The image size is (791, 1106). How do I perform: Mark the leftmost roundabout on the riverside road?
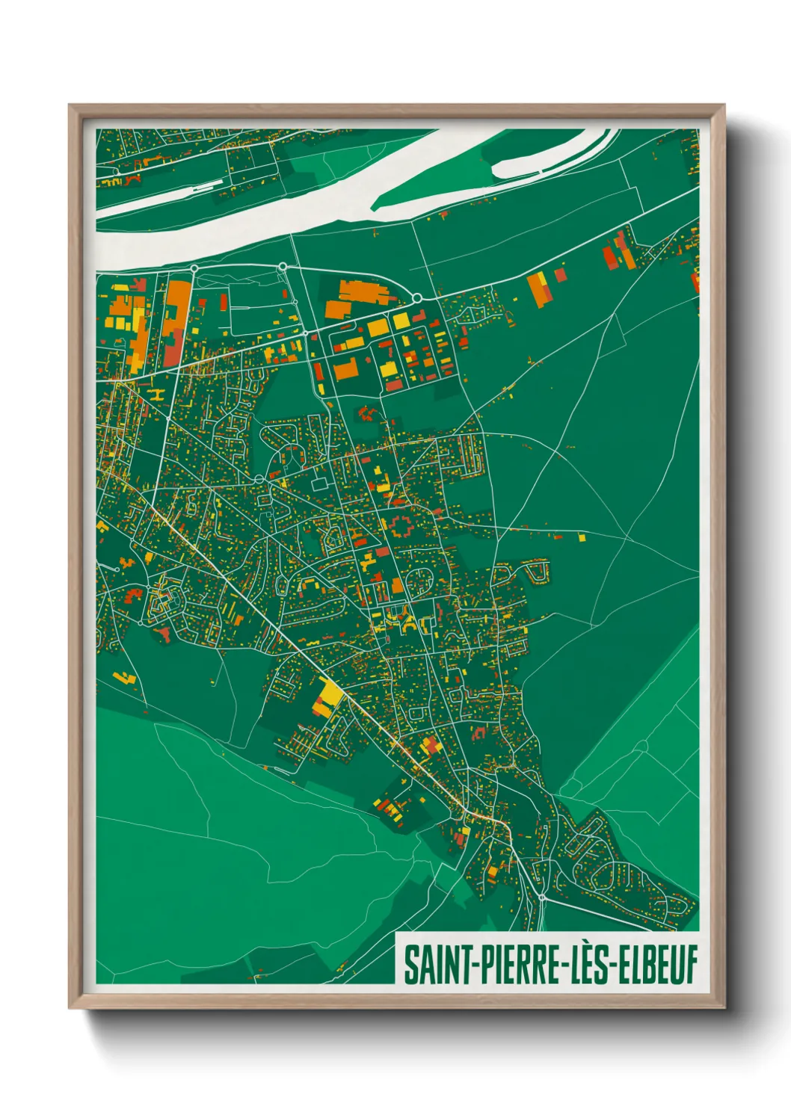(x=194, y=268)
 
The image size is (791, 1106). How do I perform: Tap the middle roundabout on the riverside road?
(x=283, y=266)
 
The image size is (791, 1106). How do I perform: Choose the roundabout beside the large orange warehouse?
(x=416, y=299)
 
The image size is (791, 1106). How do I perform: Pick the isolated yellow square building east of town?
(x=582, y=536)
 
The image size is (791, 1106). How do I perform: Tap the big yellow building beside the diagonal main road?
(x=327, y=696)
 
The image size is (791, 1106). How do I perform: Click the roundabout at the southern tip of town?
(x=541, y=897)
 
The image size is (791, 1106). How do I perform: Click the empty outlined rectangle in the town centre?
(x=320, y=484)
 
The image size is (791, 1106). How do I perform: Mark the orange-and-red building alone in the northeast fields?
(x=538, y=289)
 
